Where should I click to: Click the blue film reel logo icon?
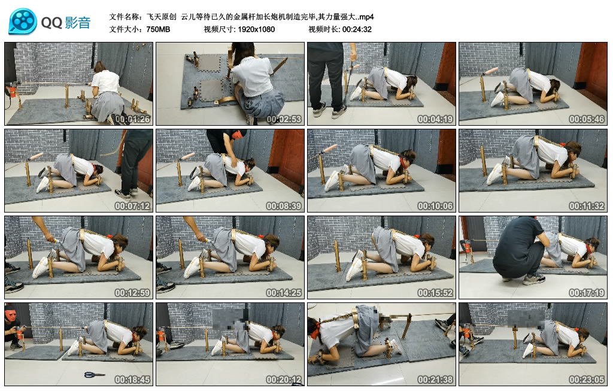pos(23,22)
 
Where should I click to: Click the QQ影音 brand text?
pos(66,23)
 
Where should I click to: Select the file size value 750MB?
pos(158,29)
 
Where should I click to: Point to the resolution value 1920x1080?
pos(256,29)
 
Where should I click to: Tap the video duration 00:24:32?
pos(357,29)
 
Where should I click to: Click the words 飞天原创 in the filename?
pos(161,17)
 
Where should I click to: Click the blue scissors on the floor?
pos(95,375)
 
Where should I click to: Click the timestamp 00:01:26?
pos(132,119)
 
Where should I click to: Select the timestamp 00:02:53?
pos(284,119)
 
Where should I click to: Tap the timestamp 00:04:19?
pos(435,119)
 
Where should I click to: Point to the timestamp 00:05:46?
pos(587,119)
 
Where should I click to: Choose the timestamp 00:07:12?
pos(132,206)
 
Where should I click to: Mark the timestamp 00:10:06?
pos(435,206)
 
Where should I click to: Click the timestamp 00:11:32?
pos(587,206)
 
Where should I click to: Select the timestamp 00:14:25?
pos(284,293)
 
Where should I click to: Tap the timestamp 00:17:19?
pos(587,293)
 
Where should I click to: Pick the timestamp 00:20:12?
pos(284,380)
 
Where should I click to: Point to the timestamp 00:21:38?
pos(435,380)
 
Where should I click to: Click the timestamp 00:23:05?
pos(587,380)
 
